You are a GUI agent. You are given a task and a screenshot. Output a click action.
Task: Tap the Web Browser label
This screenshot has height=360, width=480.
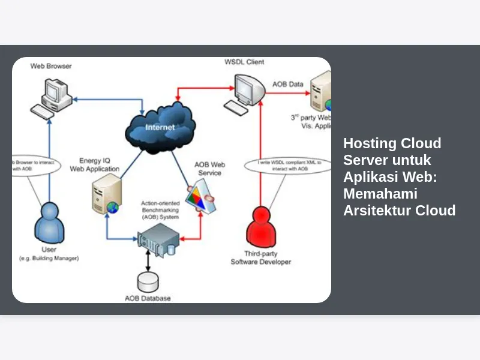[x=51, y=65]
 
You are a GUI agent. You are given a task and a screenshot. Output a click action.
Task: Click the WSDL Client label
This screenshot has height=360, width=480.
[x=244, y=62]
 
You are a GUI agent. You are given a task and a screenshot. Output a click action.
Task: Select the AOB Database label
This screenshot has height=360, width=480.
[x=148, y=298]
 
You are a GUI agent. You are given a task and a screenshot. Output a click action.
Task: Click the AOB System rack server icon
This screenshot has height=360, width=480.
[x=157, y=240]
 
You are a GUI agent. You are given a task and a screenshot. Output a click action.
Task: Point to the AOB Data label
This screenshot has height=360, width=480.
[x=288, y=85]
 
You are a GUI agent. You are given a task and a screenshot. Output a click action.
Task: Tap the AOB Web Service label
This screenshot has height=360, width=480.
[x=209, y=169]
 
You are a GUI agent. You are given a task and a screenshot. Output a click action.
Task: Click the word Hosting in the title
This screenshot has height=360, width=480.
[x=367, y=143]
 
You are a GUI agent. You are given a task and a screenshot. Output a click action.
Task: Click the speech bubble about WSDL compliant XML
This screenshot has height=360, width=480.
[x=287, y=166]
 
